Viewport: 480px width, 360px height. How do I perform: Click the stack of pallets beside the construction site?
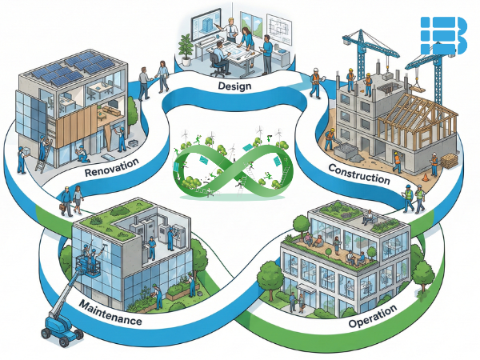click(x=449, y=160)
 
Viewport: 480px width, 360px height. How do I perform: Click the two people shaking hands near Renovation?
click(x=153, y=80)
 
